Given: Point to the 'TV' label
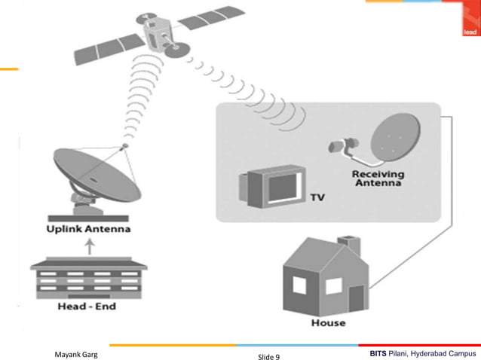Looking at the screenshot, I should tap(317, 198).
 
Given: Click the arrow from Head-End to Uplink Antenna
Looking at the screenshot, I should tap(89, 246).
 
